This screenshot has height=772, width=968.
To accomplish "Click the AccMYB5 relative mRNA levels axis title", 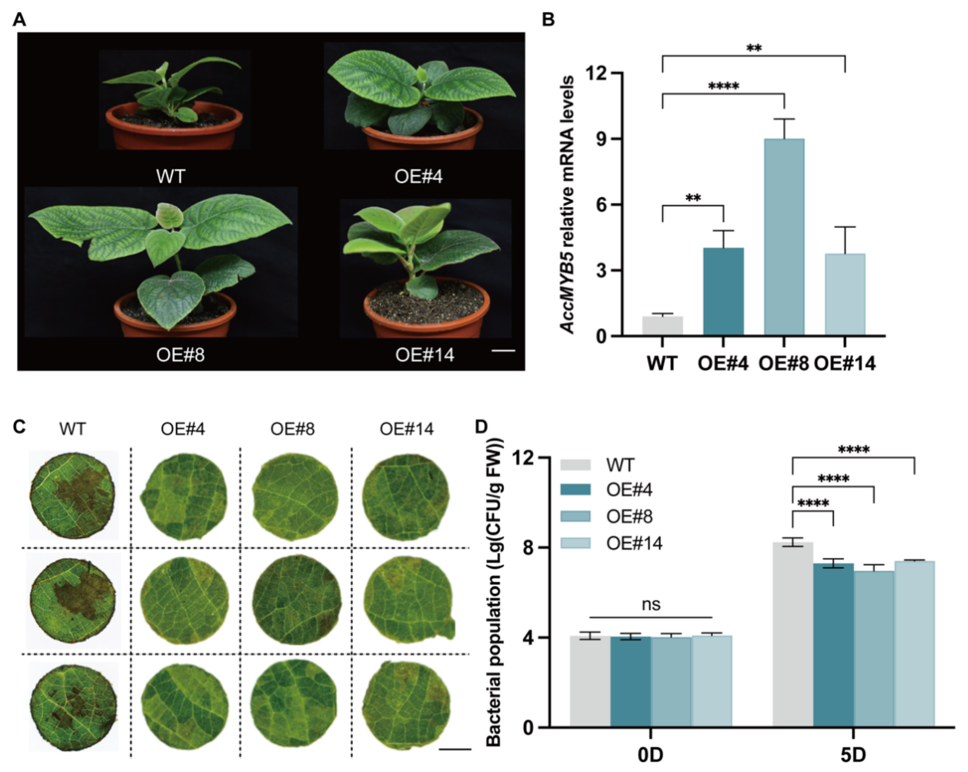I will [568, 204].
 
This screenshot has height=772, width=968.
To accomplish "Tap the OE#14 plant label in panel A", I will [424, 355].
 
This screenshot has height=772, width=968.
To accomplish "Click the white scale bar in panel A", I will [503, 351].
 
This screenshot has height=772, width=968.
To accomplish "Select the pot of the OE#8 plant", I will [175, 314].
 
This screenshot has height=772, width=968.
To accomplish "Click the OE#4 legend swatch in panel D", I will [575, 489].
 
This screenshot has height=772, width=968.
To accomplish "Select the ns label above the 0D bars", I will [651, 604].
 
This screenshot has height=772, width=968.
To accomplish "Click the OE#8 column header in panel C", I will [292, 429].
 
